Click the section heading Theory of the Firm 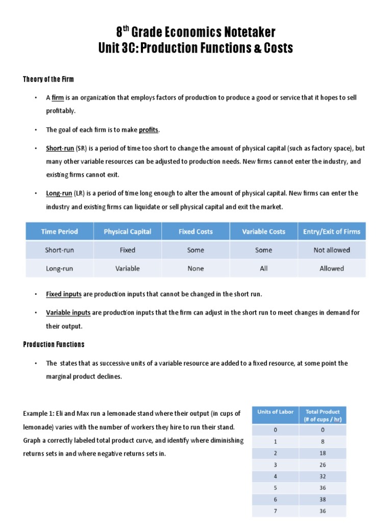48,79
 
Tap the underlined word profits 149,130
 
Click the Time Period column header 60,231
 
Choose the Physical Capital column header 128,231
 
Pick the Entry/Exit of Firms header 332,231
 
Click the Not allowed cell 332,250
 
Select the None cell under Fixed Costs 195,268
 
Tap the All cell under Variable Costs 263,268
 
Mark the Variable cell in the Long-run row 128,268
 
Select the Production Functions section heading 54,344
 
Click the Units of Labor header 275,412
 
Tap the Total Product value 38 323,499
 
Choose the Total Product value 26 323,464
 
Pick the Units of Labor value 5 275,488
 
